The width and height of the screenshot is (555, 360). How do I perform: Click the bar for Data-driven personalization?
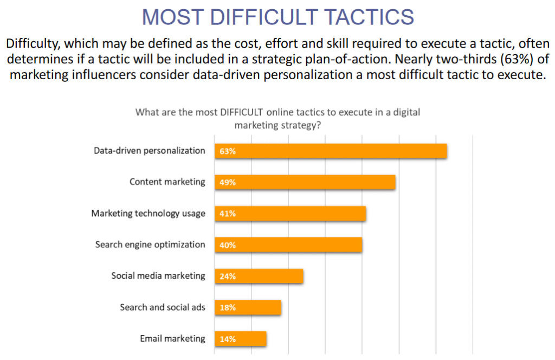[331, 151]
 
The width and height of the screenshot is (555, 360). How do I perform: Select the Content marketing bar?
[305, 182]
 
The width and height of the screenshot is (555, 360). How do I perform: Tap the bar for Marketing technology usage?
[291, 214]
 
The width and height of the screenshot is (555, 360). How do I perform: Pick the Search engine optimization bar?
[288, 245]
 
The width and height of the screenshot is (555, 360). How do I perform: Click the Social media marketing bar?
[259, 277]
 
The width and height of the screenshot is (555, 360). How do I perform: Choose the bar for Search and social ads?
[248, 307]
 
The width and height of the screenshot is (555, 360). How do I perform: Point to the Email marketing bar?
[241, 339]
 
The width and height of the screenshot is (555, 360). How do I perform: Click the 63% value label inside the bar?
[228, 151]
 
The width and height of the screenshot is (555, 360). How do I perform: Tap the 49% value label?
[228, 183]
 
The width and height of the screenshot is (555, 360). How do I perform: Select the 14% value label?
[228, 339]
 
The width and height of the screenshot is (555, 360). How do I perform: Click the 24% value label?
[228, 277]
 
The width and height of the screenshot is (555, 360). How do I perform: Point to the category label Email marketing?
[172, 339]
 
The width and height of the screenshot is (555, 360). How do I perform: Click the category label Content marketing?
[167, 182]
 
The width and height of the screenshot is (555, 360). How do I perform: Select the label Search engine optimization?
[150, 245]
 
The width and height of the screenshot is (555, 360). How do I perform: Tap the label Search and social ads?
[163, 307]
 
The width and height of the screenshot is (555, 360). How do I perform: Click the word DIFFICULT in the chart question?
[242, 113]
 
